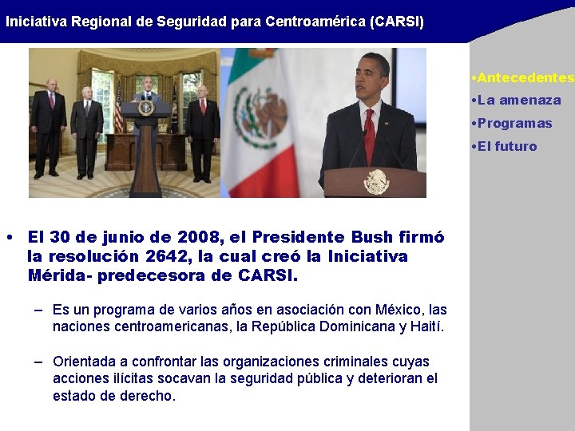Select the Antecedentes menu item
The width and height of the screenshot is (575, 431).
pyautogui.click(x=524, y=77)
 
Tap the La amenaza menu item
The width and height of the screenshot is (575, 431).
pyautogui.click(x=517, y=101)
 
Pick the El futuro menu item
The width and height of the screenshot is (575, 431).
pyautogui.click(x=505, y=147)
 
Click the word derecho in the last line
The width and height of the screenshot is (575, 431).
pyautogui.click(x=149, y=396)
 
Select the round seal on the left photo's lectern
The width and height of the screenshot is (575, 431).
pyautogui.click(x=145, y=107)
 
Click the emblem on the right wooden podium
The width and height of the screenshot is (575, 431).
pyautogui.click(x=376, y=182)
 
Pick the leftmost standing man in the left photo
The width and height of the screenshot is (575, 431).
pyautogui.click(x=49, y=128)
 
